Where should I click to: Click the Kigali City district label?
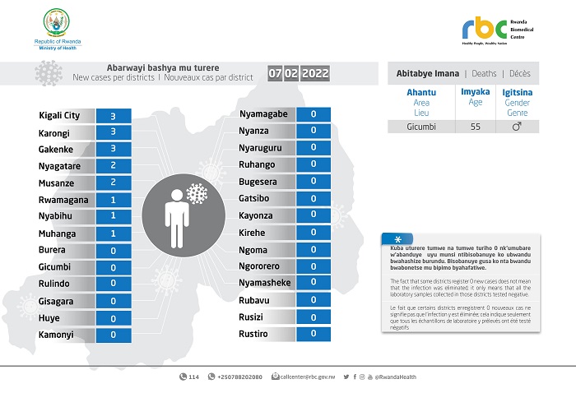pos(59,116)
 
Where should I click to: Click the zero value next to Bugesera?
pos(314,182)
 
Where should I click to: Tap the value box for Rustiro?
pos(314,333)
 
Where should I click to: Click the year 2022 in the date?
pos(315,74)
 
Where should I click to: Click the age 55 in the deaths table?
pos(476,127)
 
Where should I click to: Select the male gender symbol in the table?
pos(517,127)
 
